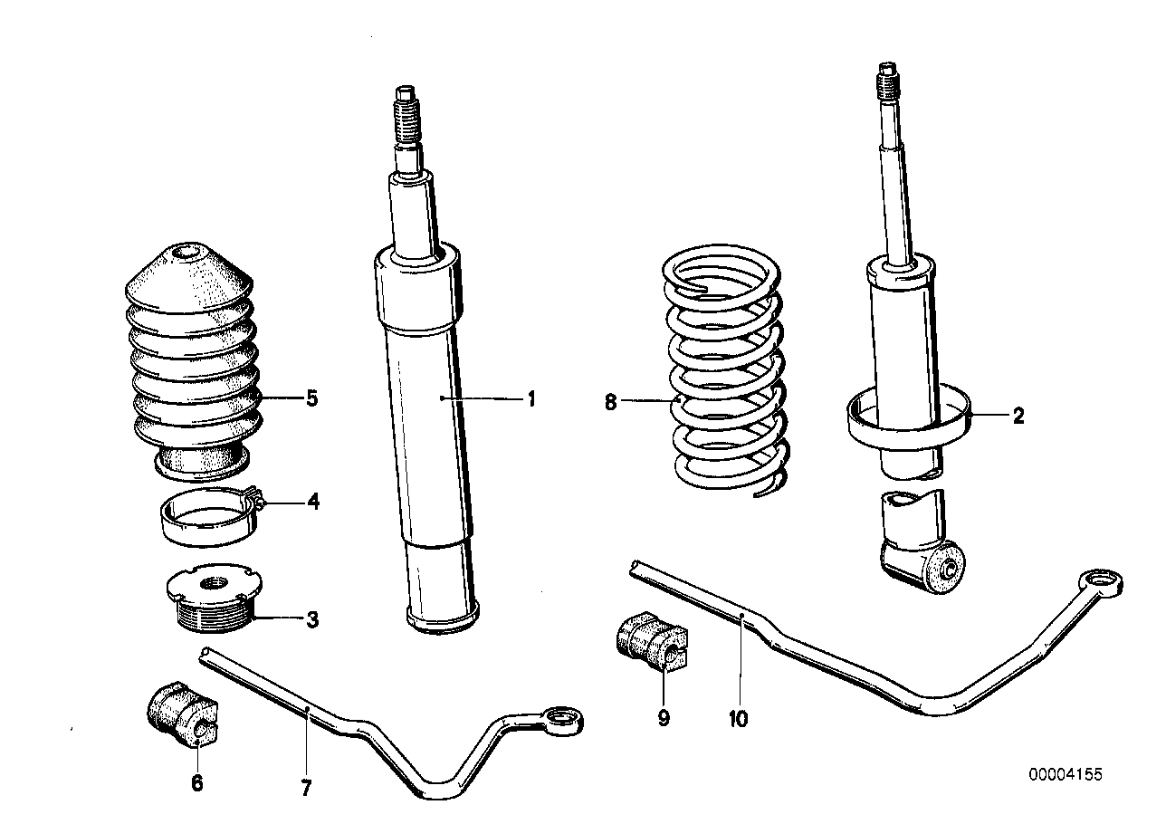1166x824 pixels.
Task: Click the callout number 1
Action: tap(532, 398)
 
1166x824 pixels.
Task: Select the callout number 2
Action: tap(1018, 417)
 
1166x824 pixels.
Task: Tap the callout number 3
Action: tap(311, 620)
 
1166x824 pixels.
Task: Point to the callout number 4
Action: tap(312, 501)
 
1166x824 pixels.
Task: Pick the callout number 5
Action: tap(311, 398)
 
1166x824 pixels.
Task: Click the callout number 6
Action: tap(196, 783)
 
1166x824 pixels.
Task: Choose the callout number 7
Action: tap(306, 789)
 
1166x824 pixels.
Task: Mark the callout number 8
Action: tap(611, 402)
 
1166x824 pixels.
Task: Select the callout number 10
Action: tap(738, 719)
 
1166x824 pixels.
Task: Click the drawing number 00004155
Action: tap(1066, 774)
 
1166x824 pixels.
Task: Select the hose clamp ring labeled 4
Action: tap(205, 516)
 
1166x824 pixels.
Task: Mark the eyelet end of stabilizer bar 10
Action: tap(1103, 580)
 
